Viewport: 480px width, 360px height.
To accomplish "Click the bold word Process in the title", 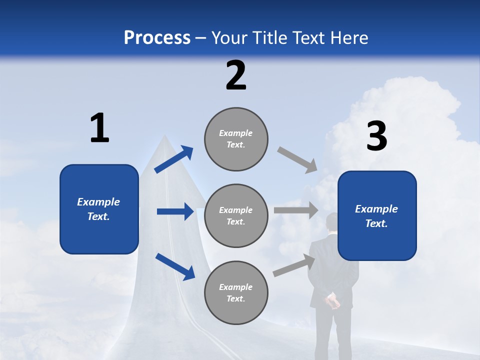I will click(157, 38).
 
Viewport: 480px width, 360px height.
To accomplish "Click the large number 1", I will click(99, 128).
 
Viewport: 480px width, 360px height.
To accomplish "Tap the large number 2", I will click(236, 75).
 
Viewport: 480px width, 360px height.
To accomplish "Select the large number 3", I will click(376, 136).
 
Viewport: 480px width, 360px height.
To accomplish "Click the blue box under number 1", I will click(99, 209).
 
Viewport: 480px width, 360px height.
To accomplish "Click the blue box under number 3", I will click(377, 216).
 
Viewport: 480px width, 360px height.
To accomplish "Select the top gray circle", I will click(236, 139).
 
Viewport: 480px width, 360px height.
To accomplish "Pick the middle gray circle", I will click(236, 216).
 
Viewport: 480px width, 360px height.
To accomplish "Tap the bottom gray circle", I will click(236, 293).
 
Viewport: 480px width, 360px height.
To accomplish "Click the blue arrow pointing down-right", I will click(175, 266).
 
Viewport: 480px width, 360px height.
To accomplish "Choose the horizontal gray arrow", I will click(295, 210).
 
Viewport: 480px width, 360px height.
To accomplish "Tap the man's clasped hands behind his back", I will click(331, 301).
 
